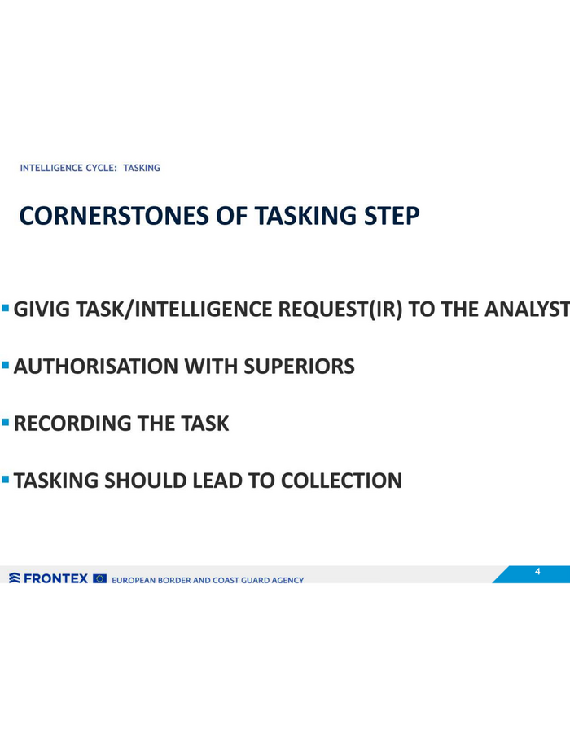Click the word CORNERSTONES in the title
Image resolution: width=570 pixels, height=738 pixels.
114,216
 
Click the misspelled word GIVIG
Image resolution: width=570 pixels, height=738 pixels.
42,310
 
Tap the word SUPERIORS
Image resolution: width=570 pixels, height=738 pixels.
300,367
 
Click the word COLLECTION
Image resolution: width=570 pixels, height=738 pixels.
342,481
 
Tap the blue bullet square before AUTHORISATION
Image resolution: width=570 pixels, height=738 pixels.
6,365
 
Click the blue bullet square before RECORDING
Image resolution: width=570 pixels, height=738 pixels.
6,422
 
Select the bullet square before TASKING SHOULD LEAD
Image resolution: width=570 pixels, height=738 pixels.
6,480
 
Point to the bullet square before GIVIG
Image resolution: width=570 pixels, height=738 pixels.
6,308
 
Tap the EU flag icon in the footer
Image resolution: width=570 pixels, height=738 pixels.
100,578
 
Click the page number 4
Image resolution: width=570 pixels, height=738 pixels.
537,572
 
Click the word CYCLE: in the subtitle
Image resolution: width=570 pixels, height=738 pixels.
101,168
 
